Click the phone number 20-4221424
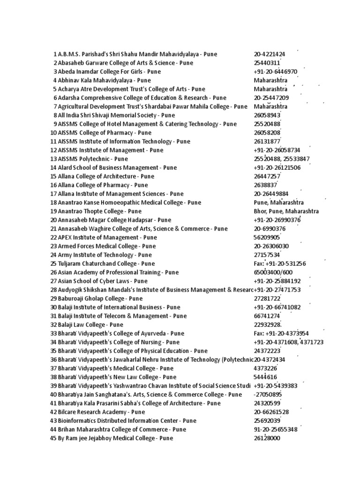[x=270, y=54]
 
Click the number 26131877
[x=267, y=142]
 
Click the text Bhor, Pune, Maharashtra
[x=286, y=211]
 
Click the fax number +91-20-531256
[x=280, y=263]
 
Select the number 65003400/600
[x=273, y=272]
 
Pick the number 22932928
[x=268, y=325]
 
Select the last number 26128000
[x=267, y=438]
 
